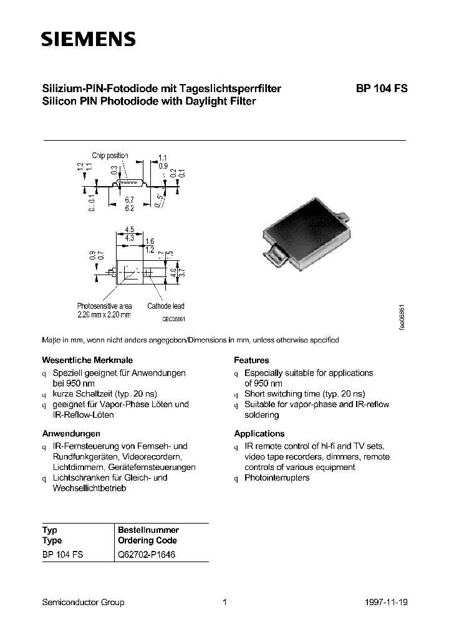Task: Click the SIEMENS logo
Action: [88, 40]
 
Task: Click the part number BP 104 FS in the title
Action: [382, 88]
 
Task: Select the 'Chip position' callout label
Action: [110, 156]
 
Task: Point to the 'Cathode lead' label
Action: [166, 306]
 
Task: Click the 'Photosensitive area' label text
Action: [104, 306]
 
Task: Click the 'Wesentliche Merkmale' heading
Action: [87, 360]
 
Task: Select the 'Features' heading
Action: [251, 360]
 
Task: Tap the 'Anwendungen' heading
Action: [71, 433]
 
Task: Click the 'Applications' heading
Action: [259, 433]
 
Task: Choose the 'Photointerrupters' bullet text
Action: [277, 477]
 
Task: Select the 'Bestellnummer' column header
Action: [148, 530]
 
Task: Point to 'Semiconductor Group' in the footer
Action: [83, 602]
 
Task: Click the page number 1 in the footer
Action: [224, 602]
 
